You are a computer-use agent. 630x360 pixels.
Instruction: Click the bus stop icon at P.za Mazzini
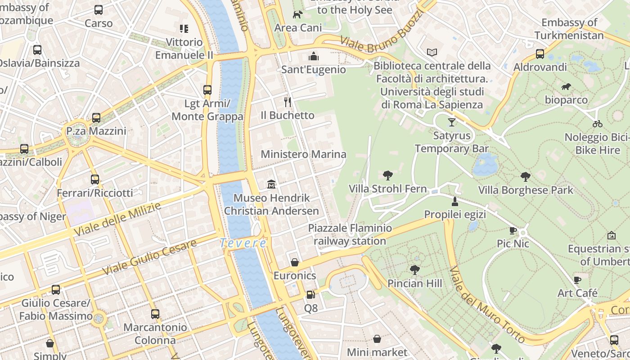click(96, 118)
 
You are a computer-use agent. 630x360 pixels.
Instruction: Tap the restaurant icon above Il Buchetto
click(288, 102)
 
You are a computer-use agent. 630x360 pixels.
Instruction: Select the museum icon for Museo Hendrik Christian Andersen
click(271, 184)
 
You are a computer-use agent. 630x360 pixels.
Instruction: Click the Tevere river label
click(243, 243)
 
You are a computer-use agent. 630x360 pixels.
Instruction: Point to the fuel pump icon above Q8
click(310, 295)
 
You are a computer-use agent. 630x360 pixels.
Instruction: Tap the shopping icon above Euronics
click(295, 262)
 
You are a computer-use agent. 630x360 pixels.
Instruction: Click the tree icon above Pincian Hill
click(414, 270)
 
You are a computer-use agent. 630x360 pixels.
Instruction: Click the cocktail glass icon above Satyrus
click(452, 122)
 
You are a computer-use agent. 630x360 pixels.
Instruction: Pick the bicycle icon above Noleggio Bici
click(598, 124)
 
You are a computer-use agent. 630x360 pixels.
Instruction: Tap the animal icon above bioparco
click(566, 86)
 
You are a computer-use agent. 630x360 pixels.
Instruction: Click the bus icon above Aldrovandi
click(540, 54)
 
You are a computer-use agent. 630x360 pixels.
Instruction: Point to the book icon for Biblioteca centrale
click(432, 53)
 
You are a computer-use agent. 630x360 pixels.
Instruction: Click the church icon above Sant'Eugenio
click(314, 56)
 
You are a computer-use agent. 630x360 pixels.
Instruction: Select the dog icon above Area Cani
click(297, 15)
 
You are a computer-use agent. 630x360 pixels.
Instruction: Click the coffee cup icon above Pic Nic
click(513, 230)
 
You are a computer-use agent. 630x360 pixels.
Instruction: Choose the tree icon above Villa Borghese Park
click(525, 177)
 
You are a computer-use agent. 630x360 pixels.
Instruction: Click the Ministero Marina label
click(304, 154)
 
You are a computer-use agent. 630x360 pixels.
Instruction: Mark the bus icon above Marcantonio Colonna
click(155, 314)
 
